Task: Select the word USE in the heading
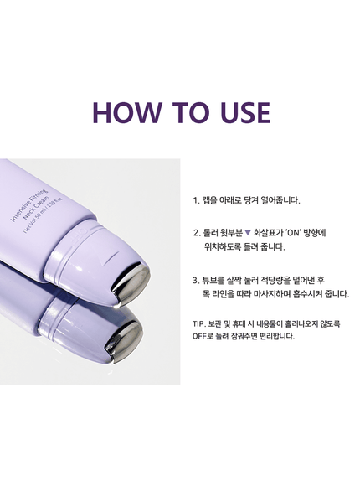click(241, 113)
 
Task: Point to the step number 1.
click(194, 201)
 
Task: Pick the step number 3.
click(195, 281)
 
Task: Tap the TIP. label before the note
click(199, 323)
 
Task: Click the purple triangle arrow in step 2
click(248, 232)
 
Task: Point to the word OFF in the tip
click(201, 336)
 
